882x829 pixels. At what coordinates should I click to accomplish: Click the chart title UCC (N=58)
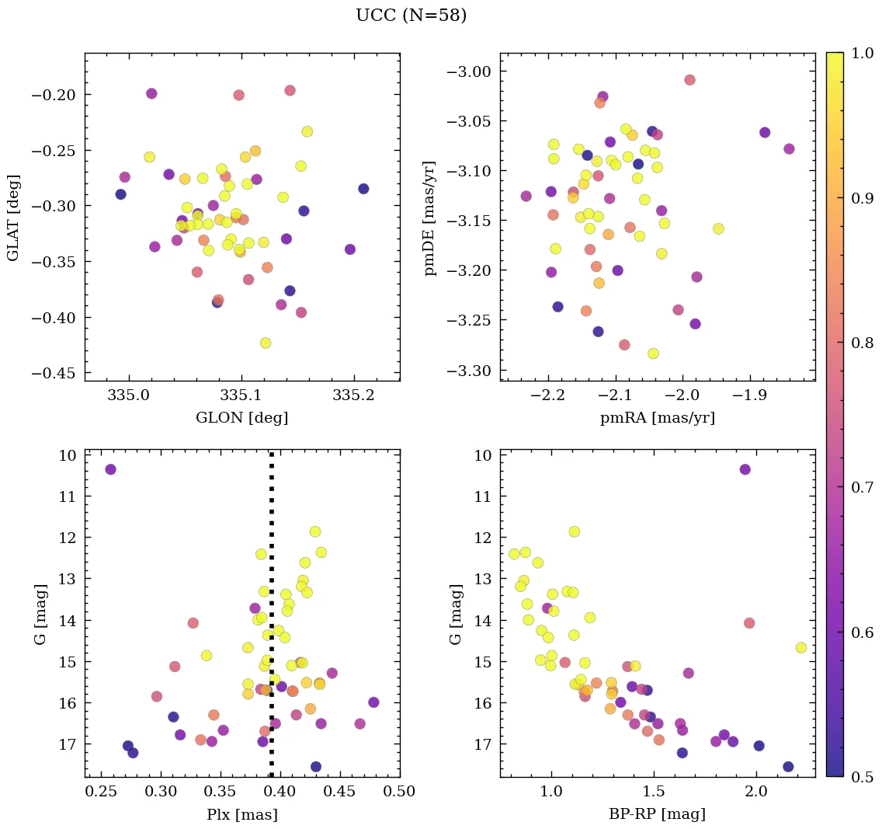pos(411,16)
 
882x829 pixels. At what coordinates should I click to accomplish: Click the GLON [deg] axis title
pos(241,418)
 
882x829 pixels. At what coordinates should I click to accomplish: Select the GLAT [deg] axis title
pos(12,218)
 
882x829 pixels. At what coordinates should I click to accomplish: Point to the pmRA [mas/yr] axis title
pos(657,418)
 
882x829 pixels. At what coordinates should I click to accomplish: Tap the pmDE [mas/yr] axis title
pos(429,218)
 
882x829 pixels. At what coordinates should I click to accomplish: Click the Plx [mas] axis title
pos(241,814)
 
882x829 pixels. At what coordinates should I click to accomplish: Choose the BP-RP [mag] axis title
pos(657,814)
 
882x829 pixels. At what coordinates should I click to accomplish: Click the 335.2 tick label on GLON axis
pos(354,395)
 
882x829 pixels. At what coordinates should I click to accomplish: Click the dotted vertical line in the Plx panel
pos(271,622)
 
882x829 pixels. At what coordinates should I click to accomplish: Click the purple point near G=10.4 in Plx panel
pos(111,469)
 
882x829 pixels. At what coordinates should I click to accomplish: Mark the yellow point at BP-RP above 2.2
pos(800,647)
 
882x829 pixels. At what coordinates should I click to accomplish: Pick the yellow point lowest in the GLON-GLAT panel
pos(266,343)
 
